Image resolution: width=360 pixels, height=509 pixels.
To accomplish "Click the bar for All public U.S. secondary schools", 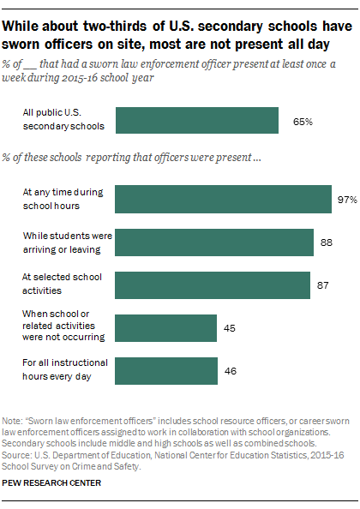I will pyautogui.click(x=196, y=121).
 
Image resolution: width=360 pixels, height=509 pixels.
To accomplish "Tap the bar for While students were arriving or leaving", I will pyautogui.click(x=213, y=242).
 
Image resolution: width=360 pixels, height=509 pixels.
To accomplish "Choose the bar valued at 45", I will pyautogui.click(x=166, y=327).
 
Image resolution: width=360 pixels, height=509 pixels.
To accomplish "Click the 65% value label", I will pyautogui.click(x=303, y=122).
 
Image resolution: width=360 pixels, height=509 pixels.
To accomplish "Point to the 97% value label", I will pyautogui.click(x=346, y=200).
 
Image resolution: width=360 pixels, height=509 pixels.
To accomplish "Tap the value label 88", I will pyautogui.click(x=327, y=243).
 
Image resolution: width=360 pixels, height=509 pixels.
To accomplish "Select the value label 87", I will pyautogui.click(x=324, y=285).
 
